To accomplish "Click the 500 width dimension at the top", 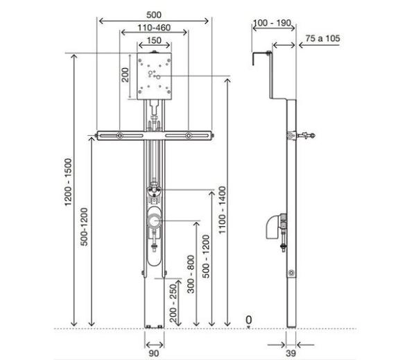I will pyautogui.click(x=154, y=14).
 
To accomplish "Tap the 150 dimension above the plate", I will pyautogui.click(x=154, y=41).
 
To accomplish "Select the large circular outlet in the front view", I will pyautogui.click(x=154, y=222).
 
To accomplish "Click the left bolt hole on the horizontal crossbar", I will pyautogui.click(x=121, y=135).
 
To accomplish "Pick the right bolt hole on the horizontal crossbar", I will pyautogui.click(x=187, y=135).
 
